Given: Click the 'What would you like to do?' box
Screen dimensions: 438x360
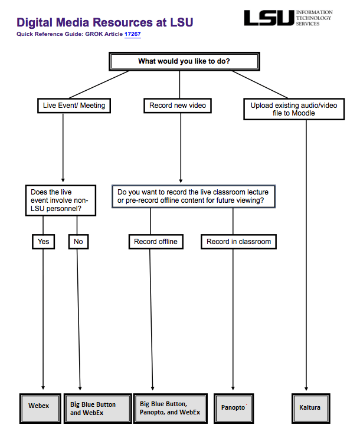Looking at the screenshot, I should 184,61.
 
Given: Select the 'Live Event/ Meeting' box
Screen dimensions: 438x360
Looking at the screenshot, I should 74,106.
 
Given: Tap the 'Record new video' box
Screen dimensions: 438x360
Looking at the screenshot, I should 177,106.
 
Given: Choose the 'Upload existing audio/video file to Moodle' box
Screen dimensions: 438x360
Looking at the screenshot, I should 294,109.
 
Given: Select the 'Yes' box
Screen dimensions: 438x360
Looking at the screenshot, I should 43,242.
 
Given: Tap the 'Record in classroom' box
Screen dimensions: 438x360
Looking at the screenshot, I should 238,242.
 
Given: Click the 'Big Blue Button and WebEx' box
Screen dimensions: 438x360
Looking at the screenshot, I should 96,409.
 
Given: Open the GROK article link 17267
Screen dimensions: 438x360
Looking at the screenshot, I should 132,34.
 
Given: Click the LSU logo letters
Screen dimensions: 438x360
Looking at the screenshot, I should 269,18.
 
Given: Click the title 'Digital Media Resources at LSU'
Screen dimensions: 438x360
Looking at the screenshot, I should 104,22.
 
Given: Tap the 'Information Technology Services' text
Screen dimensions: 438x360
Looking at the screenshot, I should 313,18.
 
